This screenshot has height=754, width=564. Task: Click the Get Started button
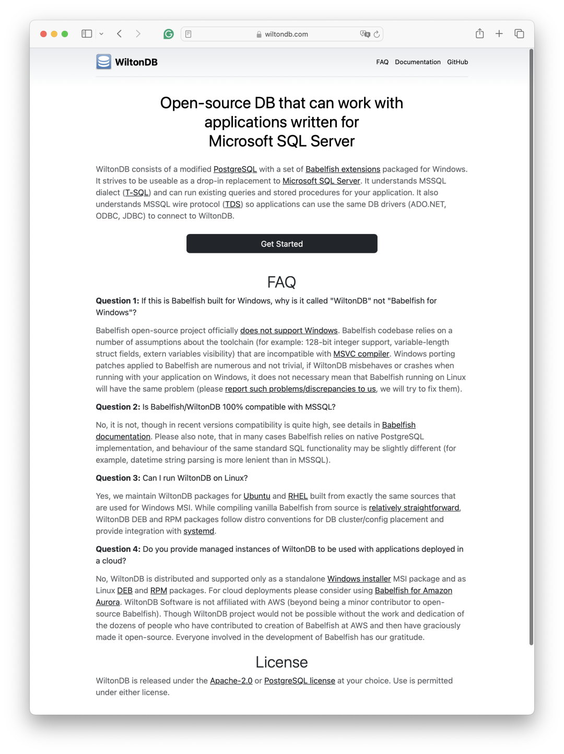pyautogui.click(x=281, y=244)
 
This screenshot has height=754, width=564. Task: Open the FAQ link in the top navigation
pyautogui.click(x=382, y=62)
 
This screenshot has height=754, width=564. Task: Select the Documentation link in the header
pyautogui.click(x=417, y=62)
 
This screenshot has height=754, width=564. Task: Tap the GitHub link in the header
pyautogui.click(x=457, y=62)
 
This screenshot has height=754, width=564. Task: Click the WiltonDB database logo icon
pyautogui.click(x=103, y=62)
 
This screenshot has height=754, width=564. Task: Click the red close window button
pyautogui.click(x=43, y=34)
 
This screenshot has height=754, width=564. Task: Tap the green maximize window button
pyautogui.click(x=65, y=34)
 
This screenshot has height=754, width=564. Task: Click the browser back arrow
pyautogui.click(x=120, y=34)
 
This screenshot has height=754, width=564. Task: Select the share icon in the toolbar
pyautogui.click(x=479, y=34)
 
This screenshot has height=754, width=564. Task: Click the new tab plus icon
pyautogui.click(x=499, y=34)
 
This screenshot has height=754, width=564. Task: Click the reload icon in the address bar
pyautogui.click(x=377, y=34)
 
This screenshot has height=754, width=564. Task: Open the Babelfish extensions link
pyautogui.click(x=343, y=169)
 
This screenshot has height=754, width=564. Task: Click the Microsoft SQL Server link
pyautogui.click(x=321, y=181)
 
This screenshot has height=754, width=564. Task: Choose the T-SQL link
pyautogui.click(x=137, y=193)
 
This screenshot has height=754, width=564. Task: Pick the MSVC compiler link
pyautogui.click(x=361, y=354)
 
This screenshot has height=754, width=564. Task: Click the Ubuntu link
pyautogui.click(x=256, y=496)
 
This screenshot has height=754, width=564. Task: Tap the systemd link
pyautogui.click(x=198, y=531)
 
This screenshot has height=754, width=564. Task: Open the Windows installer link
pyautogui.click(x=359, y=579)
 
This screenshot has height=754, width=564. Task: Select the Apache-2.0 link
pyautogui.click(x=231, y=681)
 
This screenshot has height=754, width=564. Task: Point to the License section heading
pyautogui.click(x=281, y=662)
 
